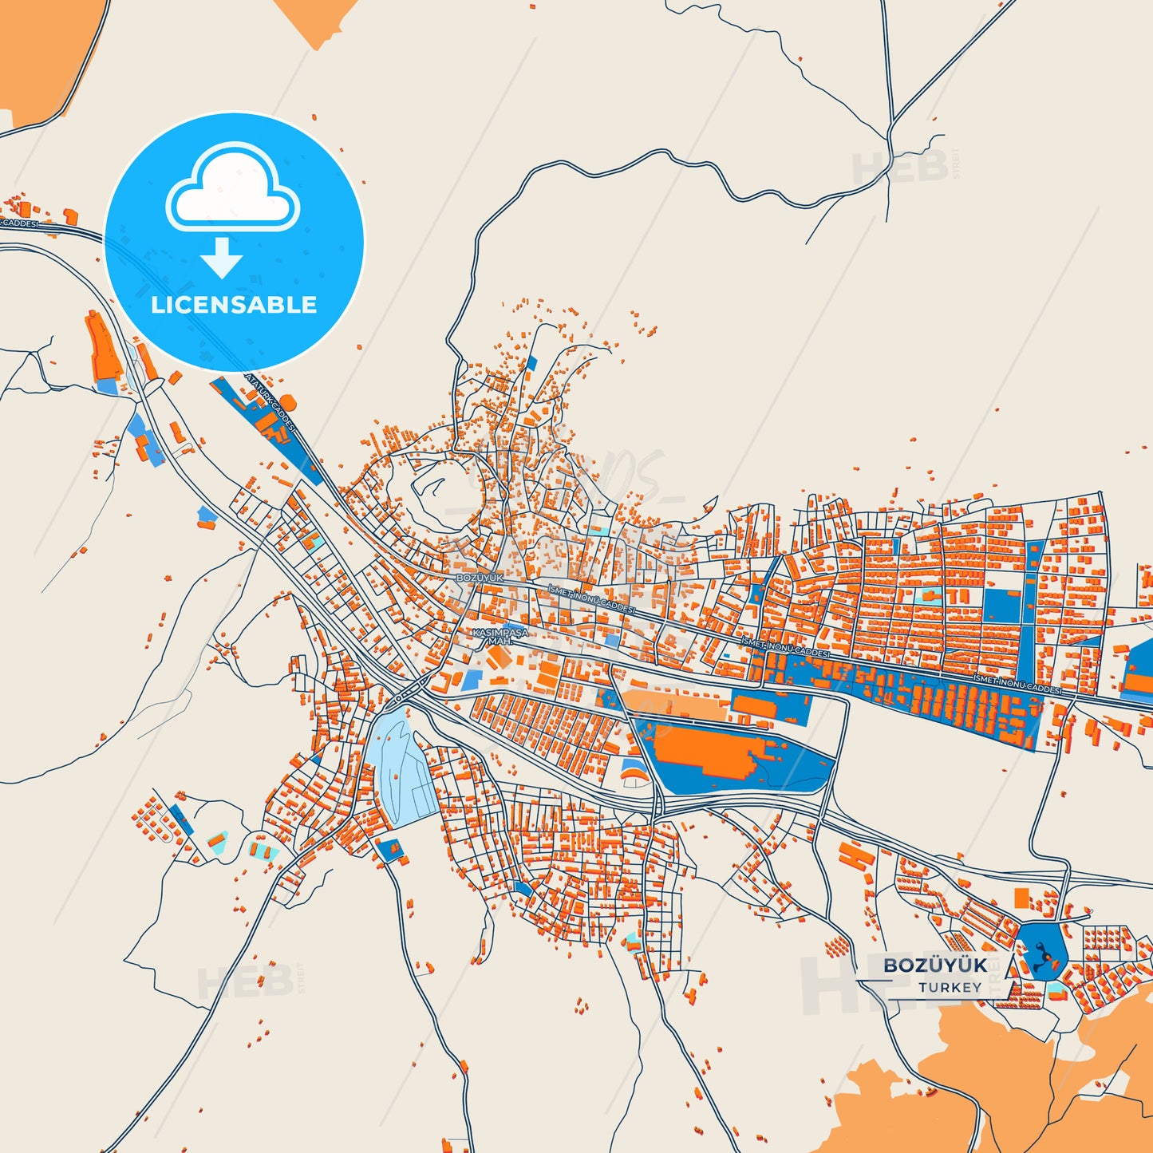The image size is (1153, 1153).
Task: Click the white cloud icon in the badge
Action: tap(233, 190)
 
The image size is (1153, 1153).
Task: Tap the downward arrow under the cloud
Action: tap(222, 258)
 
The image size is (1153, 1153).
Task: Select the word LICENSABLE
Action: tap(234, 305)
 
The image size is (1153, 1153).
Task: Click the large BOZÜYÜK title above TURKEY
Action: tap(935, 965)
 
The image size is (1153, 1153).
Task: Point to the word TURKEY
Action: tap(950, 987)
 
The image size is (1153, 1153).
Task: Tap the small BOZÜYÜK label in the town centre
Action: tap(480, 577)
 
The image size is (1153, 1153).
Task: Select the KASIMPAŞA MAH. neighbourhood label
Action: tap(500, 636)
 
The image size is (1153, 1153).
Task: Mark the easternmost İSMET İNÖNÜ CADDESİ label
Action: tap(1017, 683)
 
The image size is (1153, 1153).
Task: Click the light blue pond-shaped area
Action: tap(401, 766)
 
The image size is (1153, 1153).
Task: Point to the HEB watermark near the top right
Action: tap(900, 167)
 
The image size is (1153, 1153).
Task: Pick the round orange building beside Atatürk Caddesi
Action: tap(287, 400)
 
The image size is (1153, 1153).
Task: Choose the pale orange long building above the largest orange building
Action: tap(674, 705)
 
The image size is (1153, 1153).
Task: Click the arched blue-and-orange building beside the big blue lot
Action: tap(634, 772)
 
